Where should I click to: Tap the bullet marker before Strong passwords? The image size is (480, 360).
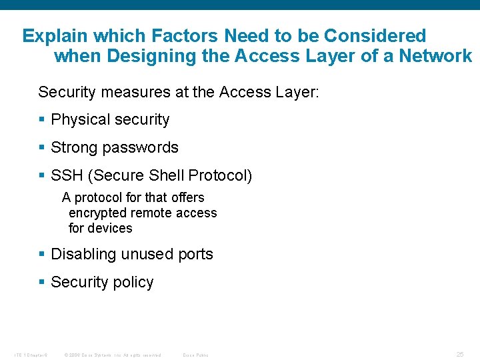coord(42,147)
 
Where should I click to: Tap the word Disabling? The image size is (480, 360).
coord(83,254)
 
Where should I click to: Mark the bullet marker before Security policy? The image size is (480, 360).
coord(42,282)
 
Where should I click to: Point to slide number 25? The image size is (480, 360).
coord(460,354)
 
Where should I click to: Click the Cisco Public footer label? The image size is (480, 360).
coord(195,355)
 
